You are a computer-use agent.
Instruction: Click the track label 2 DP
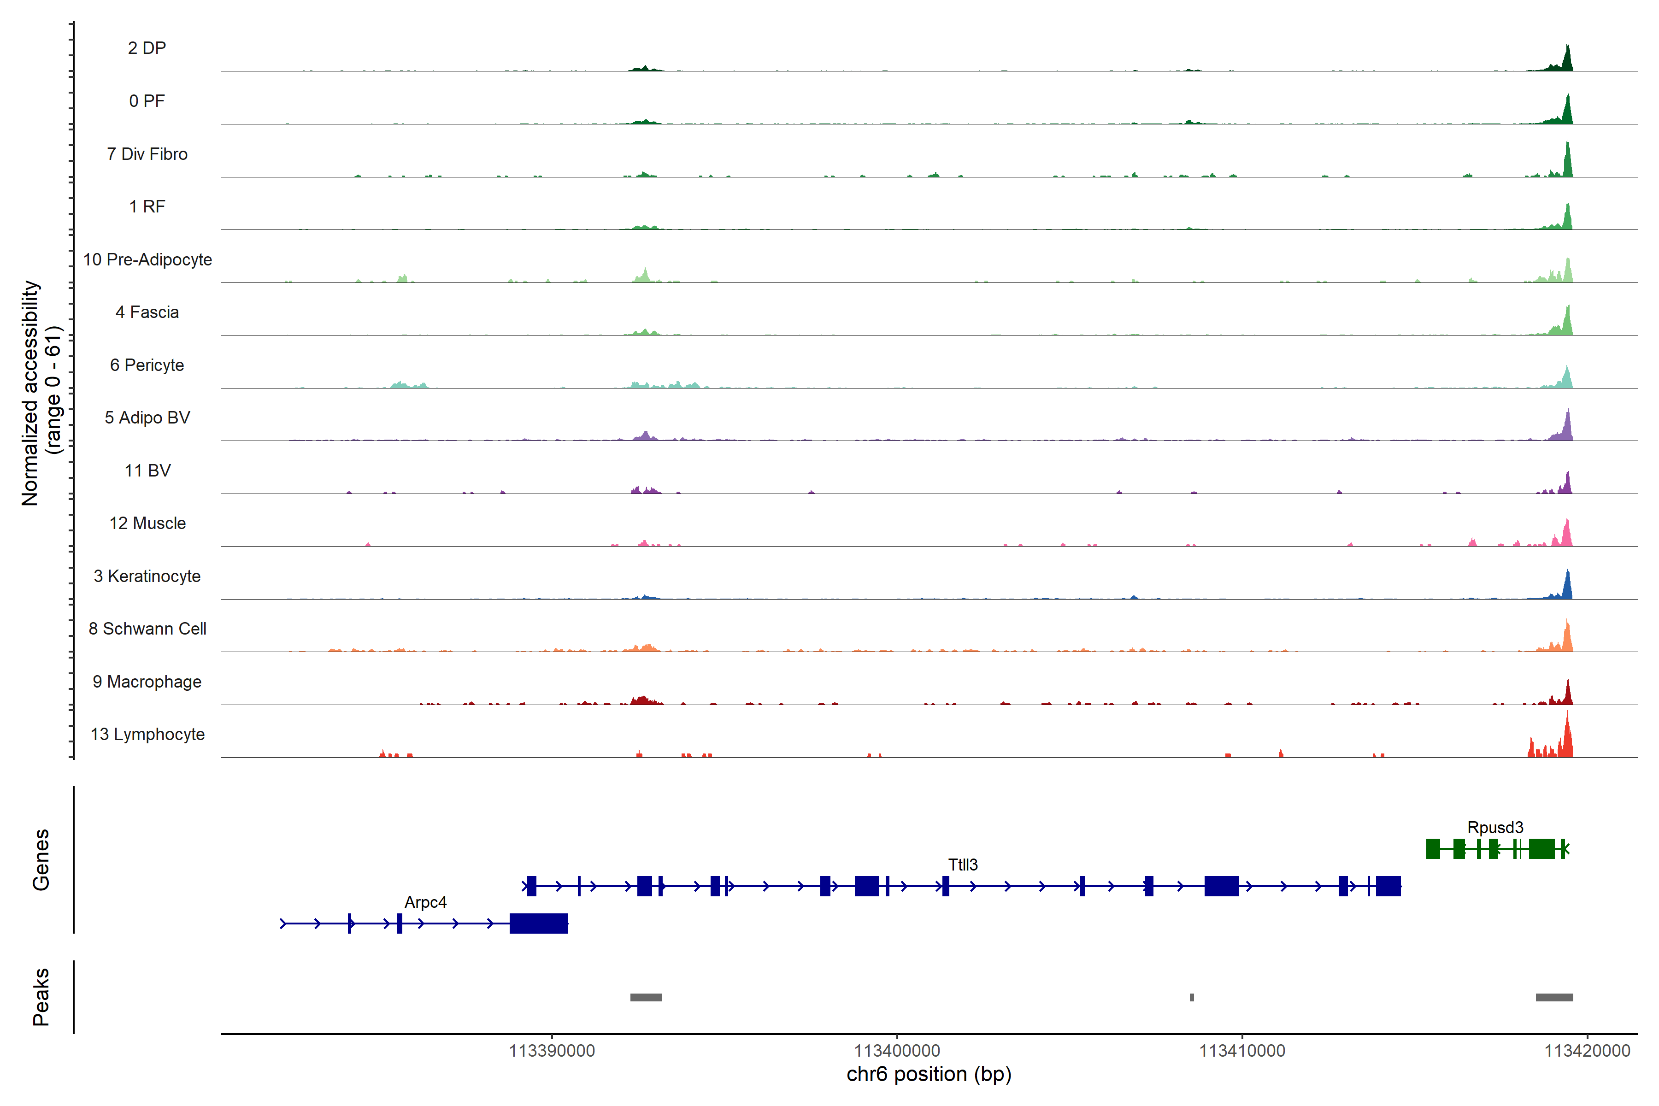[147, 48]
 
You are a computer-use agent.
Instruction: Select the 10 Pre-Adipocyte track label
[147, 259]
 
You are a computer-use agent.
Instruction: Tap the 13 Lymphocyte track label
[147, 734]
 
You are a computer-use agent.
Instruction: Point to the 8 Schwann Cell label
[147, 629]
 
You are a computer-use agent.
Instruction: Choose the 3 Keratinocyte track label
[147, 577]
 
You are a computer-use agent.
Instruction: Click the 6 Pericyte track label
[147, 365]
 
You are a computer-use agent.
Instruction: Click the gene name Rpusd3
[1494, 827]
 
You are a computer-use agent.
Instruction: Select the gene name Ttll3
[963, 865]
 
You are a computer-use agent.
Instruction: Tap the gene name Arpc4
[425, 902]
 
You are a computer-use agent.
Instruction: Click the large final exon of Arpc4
[538, 924]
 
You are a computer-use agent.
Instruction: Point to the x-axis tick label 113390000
[552, 1051]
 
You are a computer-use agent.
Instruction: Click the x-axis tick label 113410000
[1242, 1051]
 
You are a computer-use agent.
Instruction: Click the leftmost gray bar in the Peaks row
[646, 997]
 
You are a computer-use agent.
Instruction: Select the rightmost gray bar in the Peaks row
[1554, 997]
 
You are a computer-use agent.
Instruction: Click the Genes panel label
[41, 860]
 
